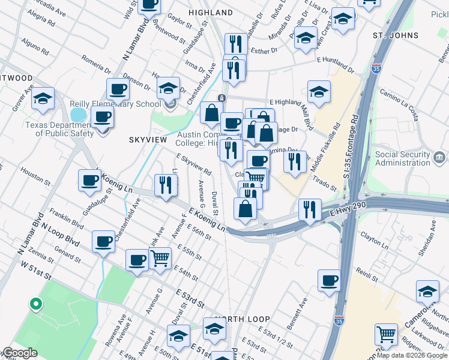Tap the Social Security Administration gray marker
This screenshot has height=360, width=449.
click(440, 158)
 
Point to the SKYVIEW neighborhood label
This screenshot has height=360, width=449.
click(148, 139)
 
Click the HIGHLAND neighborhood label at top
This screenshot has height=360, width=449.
click(210, 12)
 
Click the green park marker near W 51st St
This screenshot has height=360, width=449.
click(35, 304)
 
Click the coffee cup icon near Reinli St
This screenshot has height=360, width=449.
click(328, 280)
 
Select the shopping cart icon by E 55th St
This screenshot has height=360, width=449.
click(159, 258)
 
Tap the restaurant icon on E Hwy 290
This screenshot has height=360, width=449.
click(309, 209)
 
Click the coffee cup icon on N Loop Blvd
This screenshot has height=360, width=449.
click(103, 241)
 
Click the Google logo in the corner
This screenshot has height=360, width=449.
click(19, 353)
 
